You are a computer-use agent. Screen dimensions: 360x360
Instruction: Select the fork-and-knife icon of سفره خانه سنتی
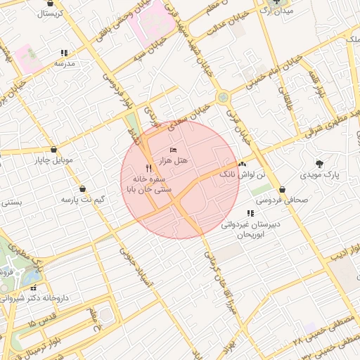pos(148,168)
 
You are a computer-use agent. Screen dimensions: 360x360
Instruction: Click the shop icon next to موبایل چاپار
pos(55,149)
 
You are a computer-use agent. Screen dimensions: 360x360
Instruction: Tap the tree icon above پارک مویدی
pos(320,162)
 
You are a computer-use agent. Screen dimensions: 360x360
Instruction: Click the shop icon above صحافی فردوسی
pos(282,189)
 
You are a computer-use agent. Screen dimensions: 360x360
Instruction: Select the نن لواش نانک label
pos(244,174)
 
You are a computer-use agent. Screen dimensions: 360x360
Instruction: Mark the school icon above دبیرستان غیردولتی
pos(250,213)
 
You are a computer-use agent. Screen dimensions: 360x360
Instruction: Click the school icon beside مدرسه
pos(65,53)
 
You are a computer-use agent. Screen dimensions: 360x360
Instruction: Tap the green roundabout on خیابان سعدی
pos(223,97)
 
